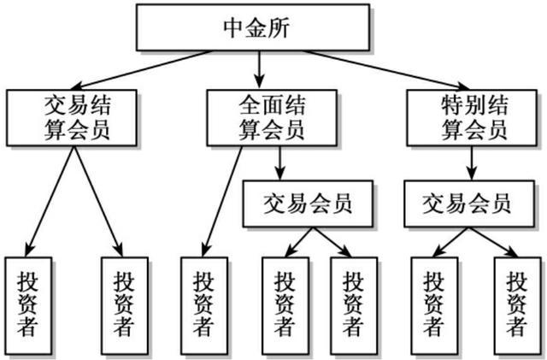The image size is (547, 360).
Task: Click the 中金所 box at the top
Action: [253, 27]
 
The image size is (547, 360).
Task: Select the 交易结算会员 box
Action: [72, 118]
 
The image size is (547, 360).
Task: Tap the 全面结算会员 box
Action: [272, 118]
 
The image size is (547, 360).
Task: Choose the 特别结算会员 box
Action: [472, 118]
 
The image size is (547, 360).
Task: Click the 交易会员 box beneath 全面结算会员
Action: [308, 204]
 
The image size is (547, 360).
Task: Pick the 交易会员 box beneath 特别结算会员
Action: [469, 204]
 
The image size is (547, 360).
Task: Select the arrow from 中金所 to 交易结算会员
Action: [140, 70]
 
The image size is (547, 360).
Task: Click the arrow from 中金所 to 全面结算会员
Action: [259, 70]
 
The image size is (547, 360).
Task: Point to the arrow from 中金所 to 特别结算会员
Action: [387, 70]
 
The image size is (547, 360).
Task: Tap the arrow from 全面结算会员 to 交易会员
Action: [279, 163]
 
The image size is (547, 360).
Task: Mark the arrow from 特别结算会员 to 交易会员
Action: [472, 163]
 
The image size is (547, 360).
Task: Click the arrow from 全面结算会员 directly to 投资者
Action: [222, 202]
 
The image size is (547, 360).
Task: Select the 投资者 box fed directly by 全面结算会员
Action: [204, 306]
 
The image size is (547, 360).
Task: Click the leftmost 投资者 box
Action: [28, 306]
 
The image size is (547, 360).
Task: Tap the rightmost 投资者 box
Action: [517, 306]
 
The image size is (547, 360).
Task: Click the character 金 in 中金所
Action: [256, 28]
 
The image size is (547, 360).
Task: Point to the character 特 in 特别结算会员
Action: [452, 105]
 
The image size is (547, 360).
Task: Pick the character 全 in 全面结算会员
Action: [250, 105]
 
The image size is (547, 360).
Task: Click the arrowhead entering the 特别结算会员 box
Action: [464, 86]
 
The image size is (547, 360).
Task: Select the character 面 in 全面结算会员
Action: [272, 105]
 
